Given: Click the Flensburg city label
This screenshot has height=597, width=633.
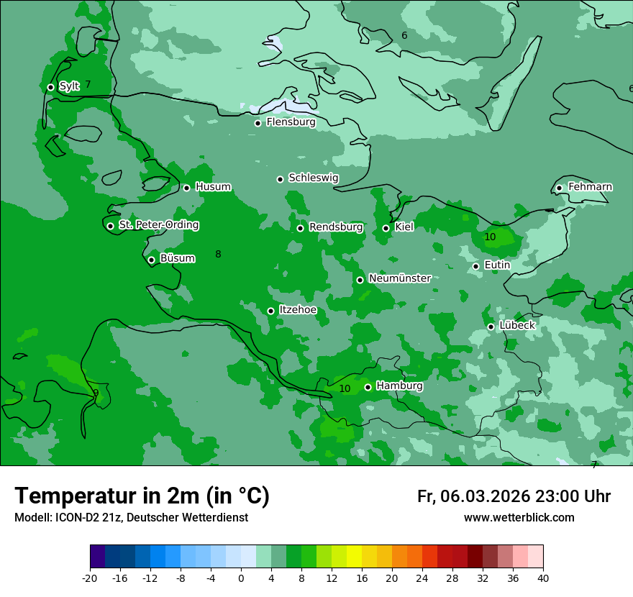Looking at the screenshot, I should pyautogui.click(x=291, y=122).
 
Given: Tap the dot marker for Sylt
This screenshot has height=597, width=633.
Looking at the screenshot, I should pyautogui.click(x=50, y=87).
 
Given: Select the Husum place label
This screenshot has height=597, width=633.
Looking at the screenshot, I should pyautogui.click(x=213, y=187).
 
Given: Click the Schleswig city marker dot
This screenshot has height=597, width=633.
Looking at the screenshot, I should pyautogui.click(x=280, y=179).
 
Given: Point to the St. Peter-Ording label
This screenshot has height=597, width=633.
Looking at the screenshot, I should pyautogui.click(x=158, y=225).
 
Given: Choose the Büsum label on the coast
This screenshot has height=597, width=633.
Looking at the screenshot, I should pyautogui.click(x=177, y=258).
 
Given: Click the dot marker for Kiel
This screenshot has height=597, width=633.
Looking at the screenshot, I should pyautogui.click(x=386, y=228).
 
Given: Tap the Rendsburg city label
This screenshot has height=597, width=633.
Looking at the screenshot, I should pyautogui.click(x=335, y=227).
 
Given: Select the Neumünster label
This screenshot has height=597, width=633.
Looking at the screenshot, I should pyautogui.click(x=399, y=278).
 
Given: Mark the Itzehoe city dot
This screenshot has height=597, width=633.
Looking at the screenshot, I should pyautogui.click(x=270, y=311).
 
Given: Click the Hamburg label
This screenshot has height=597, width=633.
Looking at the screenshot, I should pyautogui.click(x=399, y=386).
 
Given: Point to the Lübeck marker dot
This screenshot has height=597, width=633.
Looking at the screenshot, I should pyautogui.click(x=491, y=327).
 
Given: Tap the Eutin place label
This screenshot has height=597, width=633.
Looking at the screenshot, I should pyautogui.click(x=497, y=265).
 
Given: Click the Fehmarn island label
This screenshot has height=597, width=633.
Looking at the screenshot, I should pyautogui.click(x=590, y=187).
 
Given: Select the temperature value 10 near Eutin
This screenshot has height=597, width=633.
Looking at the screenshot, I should pyautogui.click(x=490, y=237).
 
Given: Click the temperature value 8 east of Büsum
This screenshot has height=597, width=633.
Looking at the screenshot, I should pyautogui.click(x=218, y=254).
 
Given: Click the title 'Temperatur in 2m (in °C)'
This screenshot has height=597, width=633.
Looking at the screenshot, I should pyautogui.click(x=142, y=496).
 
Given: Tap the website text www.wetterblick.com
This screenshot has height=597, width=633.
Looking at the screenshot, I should pyautogui.click(x=519, y=518).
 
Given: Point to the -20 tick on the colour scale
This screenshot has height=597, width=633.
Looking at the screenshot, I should pyautogui.click(x=90, y=578).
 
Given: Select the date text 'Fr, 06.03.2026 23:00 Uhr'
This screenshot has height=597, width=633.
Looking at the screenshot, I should pyautogui.click(x=514, y=497).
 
